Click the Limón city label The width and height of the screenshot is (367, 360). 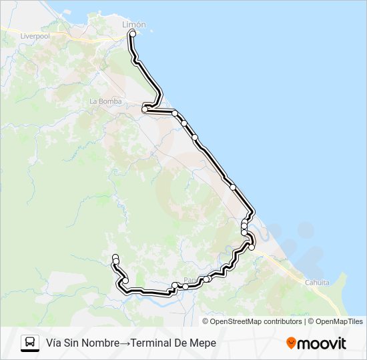[134, 24]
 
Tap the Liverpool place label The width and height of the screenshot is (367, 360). [35, 36]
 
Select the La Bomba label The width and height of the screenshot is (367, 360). [105, 101]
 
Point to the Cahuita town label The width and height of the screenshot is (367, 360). [317, 283]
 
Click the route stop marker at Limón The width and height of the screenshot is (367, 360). [133, 33]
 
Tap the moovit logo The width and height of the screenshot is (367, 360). [316, 343]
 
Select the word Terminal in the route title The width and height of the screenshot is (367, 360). [153, 343]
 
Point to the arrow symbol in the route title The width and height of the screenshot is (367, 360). [125, 343]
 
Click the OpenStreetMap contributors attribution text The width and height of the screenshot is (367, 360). [256, 321]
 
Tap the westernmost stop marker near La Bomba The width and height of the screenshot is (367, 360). [145, 109]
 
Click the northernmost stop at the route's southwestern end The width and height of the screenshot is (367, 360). [115, 257]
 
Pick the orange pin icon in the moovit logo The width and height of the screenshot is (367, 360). [291, 343]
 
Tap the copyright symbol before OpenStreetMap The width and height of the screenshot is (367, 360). [206, 321]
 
